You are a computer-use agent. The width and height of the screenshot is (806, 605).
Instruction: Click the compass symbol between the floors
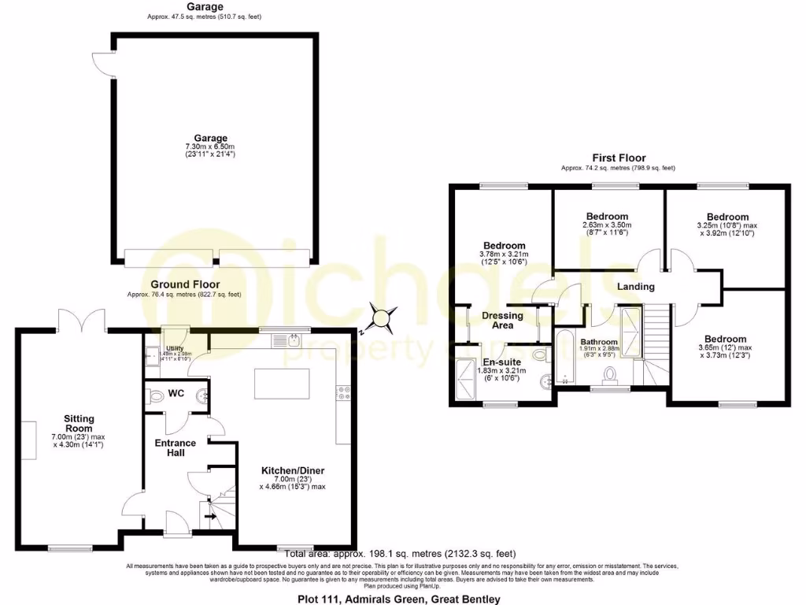pos(382,319)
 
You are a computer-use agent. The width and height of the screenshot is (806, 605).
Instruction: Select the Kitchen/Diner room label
pos(293,471)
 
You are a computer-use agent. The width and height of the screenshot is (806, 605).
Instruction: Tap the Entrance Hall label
pos(176,448)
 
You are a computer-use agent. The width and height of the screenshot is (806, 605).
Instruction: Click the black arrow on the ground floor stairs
pos(209,517)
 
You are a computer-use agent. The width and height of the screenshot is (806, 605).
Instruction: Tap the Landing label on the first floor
pos(636,287)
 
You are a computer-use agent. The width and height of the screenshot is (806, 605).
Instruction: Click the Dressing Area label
pos(502,321)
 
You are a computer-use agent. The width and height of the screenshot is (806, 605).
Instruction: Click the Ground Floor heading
pos(185,284)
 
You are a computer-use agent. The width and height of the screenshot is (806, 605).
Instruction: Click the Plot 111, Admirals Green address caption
pos(398,599)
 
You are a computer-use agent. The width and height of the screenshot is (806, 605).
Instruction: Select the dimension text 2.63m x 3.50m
pos(607,225)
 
